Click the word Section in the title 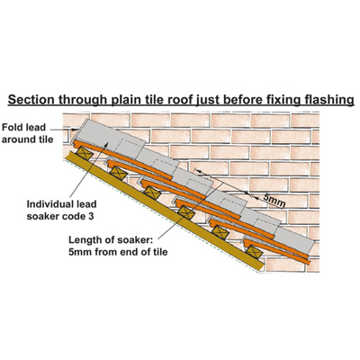point(31,99)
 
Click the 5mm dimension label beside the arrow point(274,201)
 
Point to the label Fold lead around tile point(27,133)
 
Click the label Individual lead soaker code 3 point(61,210)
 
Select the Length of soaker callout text point(118,246)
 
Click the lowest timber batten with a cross point(255,251)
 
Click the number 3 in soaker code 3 point(91,216)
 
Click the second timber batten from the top point(118,174)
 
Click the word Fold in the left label point(12,128)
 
